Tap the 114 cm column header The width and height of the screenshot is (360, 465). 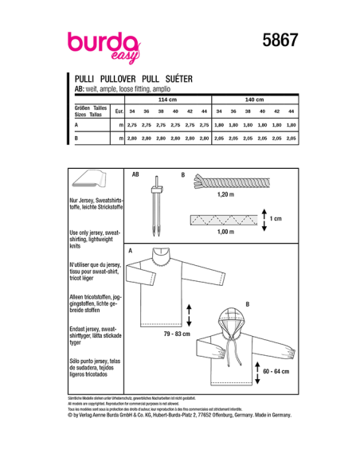click(167, 100)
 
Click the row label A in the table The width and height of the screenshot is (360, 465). click(76, 125)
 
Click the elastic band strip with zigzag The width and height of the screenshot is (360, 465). click(223, 217)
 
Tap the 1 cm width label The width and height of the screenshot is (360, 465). click(276, 217)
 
